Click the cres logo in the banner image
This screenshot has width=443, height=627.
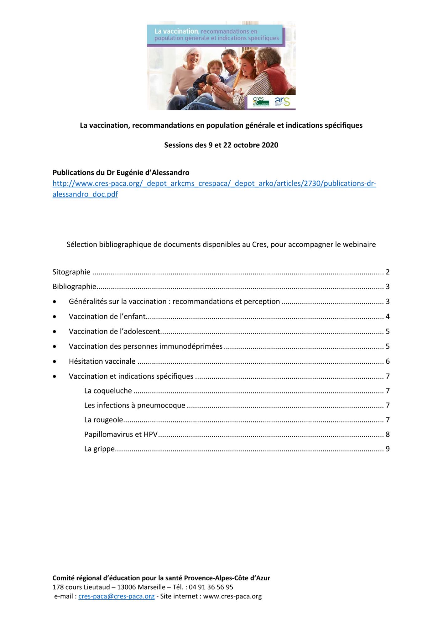261,102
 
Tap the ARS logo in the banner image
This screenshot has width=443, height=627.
282,102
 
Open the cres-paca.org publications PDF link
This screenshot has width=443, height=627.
214,184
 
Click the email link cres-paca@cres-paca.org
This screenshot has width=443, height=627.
116,596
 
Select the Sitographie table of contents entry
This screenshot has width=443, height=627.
71,272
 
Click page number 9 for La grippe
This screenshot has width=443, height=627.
388,449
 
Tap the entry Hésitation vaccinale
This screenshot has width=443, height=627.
102,361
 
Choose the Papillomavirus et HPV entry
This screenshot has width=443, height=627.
121,435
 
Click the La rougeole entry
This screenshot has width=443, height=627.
103,420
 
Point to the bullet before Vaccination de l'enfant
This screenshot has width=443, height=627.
55,317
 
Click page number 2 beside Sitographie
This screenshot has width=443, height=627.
388,272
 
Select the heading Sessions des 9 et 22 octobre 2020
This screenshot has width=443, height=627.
221,145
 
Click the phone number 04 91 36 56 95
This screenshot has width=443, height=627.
211,587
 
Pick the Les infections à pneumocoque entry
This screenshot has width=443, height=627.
135,405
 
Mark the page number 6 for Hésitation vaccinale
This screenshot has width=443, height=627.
388,361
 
